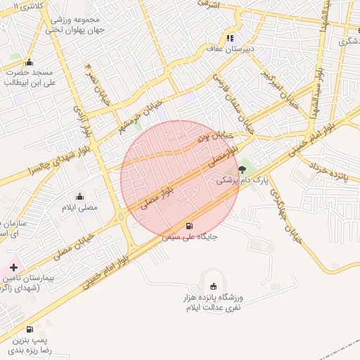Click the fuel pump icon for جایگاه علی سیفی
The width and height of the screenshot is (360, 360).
point(188,226)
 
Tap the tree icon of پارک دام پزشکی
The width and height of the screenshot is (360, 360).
point(243,169)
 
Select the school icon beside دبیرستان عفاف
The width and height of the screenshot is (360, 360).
point(229,39)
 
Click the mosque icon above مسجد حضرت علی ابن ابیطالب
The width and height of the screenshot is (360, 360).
point(28,61)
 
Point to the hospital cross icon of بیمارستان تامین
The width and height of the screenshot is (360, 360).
point(13,267)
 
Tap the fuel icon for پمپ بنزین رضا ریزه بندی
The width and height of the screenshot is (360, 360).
point(29,329)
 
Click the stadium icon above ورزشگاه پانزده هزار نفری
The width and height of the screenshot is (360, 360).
point(213,286)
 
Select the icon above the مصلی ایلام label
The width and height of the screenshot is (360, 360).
point(79,197)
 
